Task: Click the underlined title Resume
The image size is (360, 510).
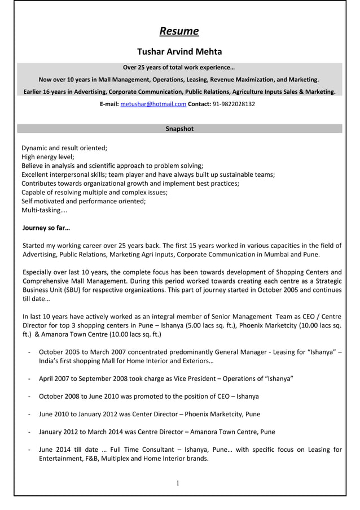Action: tap(179, 30)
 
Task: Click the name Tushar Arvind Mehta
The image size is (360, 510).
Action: tap(179, 52)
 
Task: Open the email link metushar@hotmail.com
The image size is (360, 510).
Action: tap(153, 104)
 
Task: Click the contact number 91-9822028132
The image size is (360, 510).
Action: tap(234, 104)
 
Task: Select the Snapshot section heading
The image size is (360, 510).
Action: tap(179, 129)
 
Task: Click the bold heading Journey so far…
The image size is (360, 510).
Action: tap(46, 228)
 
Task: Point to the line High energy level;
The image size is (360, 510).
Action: tap(48, 157)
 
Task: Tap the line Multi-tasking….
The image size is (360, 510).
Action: tap(44, 210)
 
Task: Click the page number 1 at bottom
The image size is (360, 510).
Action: tap(178, 483)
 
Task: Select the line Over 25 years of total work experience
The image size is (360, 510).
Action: tap(179, 68)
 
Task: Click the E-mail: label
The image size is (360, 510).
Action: tap(109, 104)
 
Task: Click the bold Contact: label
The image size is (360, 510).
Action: tap(199, 104)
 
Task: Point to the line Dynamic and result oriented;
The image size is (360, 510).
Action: tap(64, 148)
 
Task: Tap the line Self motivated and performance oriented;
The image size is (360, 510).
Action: tap(84, 201)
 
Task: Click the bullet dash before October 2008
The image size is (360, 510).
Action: tap(29, 396)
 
